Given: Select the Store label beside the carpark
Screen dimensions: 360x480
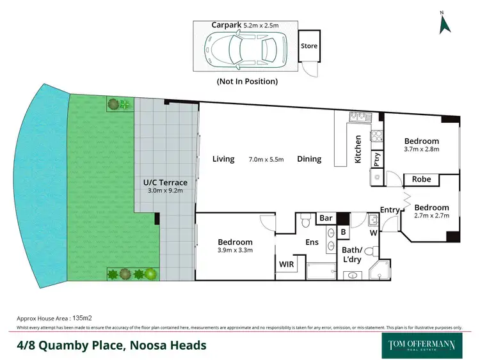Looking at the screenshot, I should point(309,46).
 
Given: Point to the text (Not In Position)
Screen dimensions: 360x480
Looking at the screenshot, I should point(247,81).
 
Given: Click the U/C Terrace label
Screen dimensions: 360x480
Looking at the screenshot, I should point(165,182).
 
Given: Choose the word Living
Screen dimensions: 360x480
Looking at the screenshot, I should point(223,159).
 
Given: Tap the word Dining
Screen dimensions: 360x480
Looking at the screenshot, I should point(309,159).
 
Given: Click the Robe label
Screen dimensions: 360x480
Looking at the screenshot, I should point(420,180).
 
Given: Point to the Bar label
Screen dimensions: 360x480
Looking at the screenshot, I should point(325,218).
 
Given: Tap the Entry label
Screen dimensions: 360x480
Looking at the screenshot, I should point(389,210).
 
